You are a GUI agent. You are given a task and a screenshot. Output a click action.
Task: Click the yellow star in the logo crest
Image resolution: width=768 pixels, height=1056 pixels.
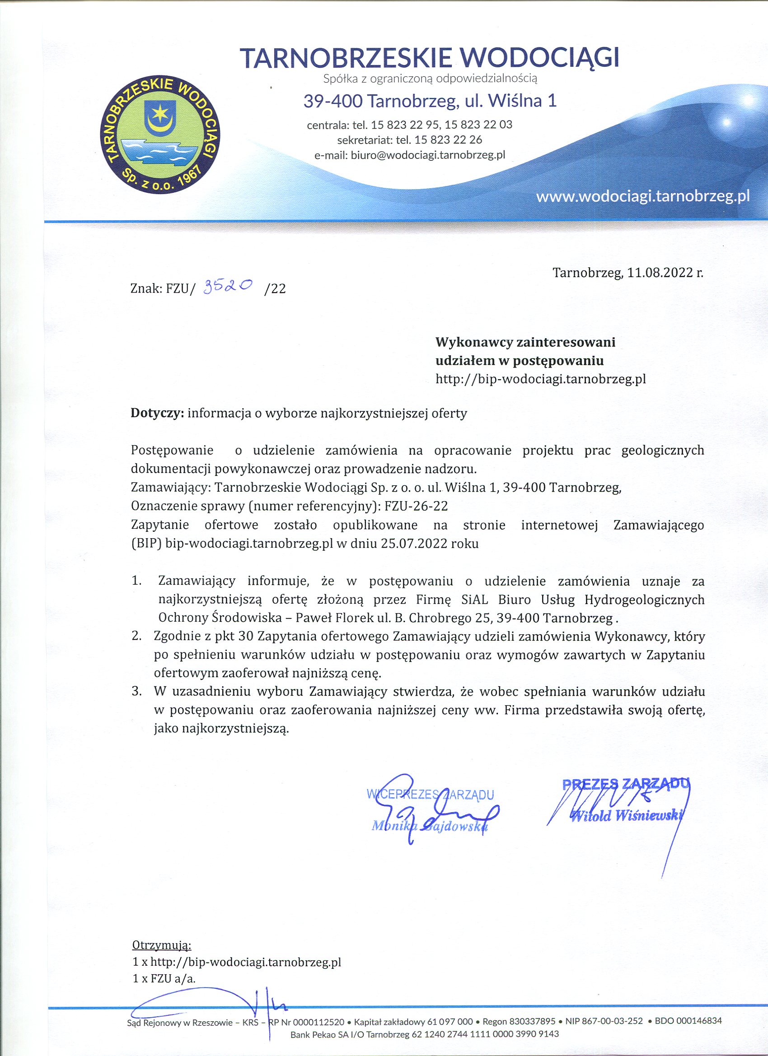(161, 111)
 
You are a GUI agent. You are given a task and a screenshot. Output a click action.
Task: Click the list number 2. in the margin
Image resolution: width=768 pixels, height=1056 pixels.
(136, 636)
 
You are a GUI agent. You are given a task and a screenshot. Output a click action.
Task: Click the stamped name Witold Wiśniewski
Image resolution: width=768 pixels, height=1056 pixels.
(627, 816)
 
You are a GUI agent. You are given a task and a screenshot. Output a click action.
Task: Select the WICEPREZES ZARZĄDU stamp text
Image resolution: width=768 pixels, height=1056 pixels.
(430, 794)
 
